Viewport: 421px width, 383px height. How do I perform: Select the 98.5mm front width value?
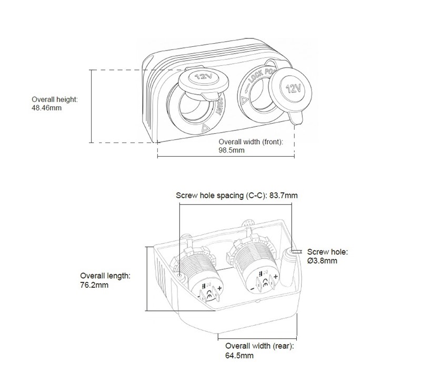click(232, 150)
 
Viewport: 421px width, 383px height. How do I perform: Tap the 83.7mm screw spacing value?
click(284, 195)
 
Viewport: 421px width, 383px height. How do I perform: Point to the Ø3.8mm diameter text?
click(323, 260)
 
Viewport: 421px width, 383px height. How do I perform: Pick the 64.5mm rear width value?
click(239, 356)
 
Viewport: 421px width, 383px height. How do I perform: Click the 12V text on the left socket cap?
click(201, 78)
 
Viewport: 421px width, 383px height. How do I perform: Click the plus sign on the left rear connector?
click(218, 288)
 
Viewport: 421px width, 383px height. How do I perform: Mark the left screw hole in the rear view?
click(179, 275)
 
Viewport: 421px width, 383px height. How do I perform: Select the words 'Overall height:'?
click(55, 99)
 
